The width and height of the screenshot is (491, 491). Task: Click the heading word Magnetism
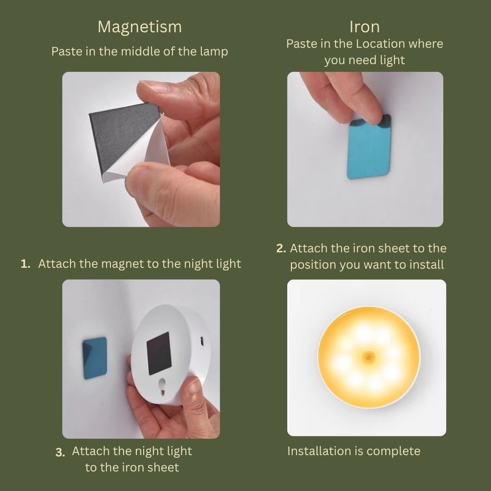pyautogui.click(x=140, y=27)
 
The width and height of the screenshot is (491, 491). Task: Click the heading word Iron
pyautogui.click(x=365, y=27)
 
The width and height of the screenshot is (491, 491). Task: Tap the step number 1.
pyautogui.click(x=25, y=264)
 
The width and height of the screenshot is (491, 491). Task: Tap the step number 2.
pyautogui.click(x=281, y=248)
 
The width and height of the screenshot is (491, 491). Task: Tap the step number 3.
pyautogui.click(x=60, y=452)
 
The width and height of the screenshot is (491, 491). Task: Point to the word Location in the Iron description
pyautogui.click(x=381, y=44)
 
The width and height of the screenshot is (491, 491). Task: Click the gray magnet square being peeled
pyautogui.click(x=123, y=135)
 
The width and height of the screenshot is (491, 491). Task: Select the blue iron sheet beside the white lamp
pyautogui.click(x=95, y=358)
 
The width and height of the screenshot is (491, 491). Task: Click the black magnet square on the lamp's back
pyautogui.click(x=159, y=353)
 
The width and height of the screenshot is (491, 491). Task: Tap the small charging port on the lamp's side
pyautogui.click(x=202, y=341)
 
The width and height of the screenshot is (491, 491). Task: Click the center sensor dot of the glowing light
pyautogui.click(x=369, y=358)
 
